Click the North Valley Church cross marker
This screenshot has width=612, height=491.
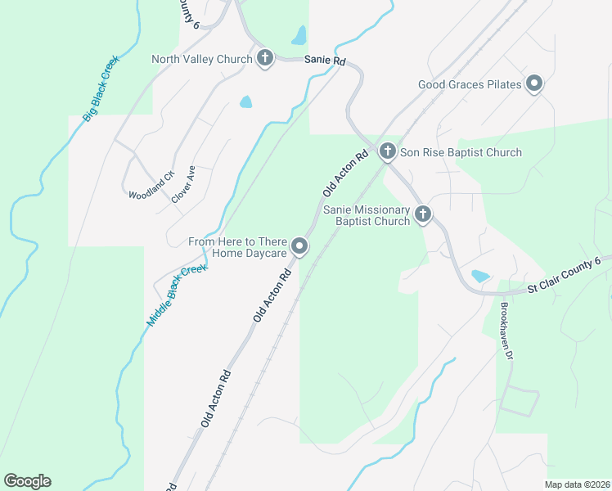pos(264,58)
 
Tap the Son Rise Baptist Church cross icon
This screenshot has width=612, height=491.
pos(387,151)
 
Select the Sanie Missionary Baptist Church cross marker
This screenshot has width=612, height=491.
pos(423,214)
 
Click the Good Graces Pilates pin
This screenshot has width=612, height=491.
pos(534,83)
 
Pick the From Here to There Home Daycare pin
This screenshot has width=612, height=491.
pos(300,246)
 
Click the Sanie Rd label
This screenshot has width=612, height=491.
pos(325,60)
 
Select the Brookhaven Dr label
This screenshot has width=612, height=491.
pos(506,333)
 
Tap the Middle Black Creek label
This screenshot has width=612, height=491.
pos(177,295)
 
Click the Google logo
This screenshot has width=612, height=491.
pos(27,481)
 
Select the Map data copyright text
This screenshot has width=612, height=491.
pos(577,484)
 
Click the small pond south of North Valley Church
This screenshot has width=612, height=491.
pos(245,102)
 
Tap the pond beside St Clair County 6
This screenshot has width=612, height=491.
pos(479,276)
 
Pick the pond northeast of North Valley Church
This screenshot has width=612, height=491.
pos(299,35)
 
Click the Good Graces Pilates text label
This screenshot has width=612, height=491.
pos(470,83)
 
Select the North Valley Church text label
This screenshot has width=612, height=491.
pos(201,59)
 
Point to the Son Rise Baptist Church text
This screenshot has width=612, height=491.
pos(461,152)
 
